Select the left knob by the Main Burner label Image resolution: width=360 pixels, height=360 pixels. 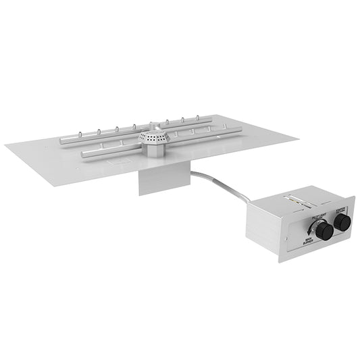324,232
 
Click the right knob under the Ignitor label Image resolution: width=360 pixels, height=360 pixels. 342,222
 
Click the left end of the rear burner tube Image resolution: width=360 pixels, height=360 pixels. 61,140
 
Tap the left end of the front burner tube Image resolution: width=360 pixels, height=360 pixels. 84,154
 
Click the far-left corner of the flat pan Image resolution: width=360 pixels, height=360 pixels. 7,146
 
